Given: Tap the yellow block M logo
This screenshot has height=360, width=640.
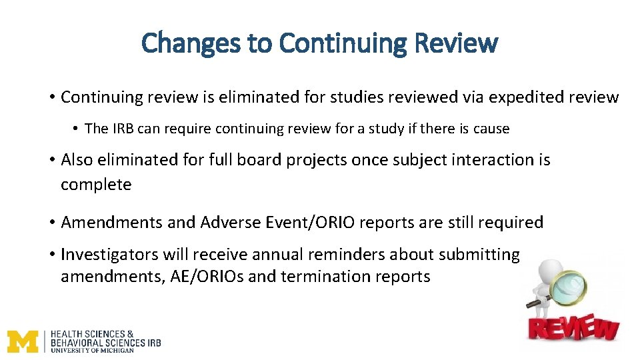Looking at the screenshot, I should (x=23, y=341).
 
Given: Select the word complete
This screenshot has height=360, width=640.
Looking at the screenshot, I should (x=96, y=185).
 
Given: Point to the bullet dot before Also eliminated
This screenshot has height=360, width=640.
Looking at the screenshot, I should (x=51, y=160).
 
